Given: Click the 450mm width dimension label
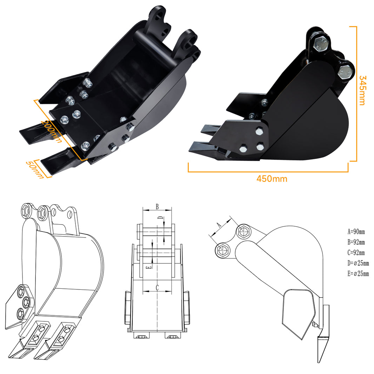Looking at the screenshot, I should pyautogui.click(x=272, y=179).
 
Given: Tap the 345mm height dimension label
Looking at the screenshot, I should pyautogui.click(x=362, y=90).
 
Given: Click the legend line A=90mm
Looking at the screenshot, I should pyautogui.click(x=356, y=232).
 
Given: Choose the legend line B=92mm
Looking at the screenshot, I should pyautogui.click(x=356, y=242).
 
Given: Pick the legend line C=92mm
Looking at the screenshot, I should pyautogui.click(x=356, y=253).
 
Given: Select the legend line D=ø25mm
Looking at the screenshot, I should pyautogui.click(x=358, y=263).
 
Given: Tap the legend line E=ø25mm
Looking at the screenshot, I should pyautogui.click(x=358, y=274).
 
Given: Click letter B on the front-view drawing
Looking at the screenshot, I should pyautogui.click(x=157, y=206).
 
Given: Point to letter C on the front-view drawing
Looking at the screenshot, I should pyautogui.click(x=157, y=288).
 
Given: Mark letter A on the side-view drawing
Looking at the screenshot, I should pyautogui.click(x=219, y=225).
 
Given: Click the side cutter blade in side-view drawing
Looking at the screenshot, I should pyautogui.click(x=323, y=337).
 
